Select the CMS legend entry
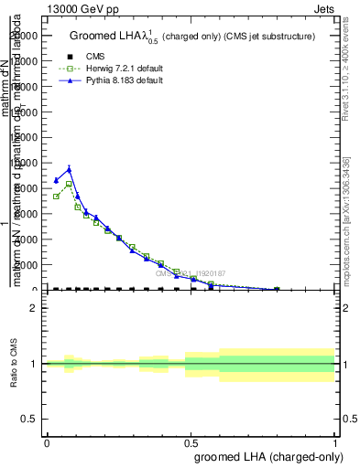[96, 57]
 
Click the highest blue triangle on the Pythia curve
[69, 169]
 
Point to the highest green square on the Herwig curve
[69, 184]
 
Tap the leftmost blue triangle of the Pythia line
[56, 180]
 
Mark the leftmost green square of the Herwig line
[56, 197]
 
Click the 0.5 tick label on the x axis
[191, 442]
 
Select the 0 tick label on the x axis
[47, 442]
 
